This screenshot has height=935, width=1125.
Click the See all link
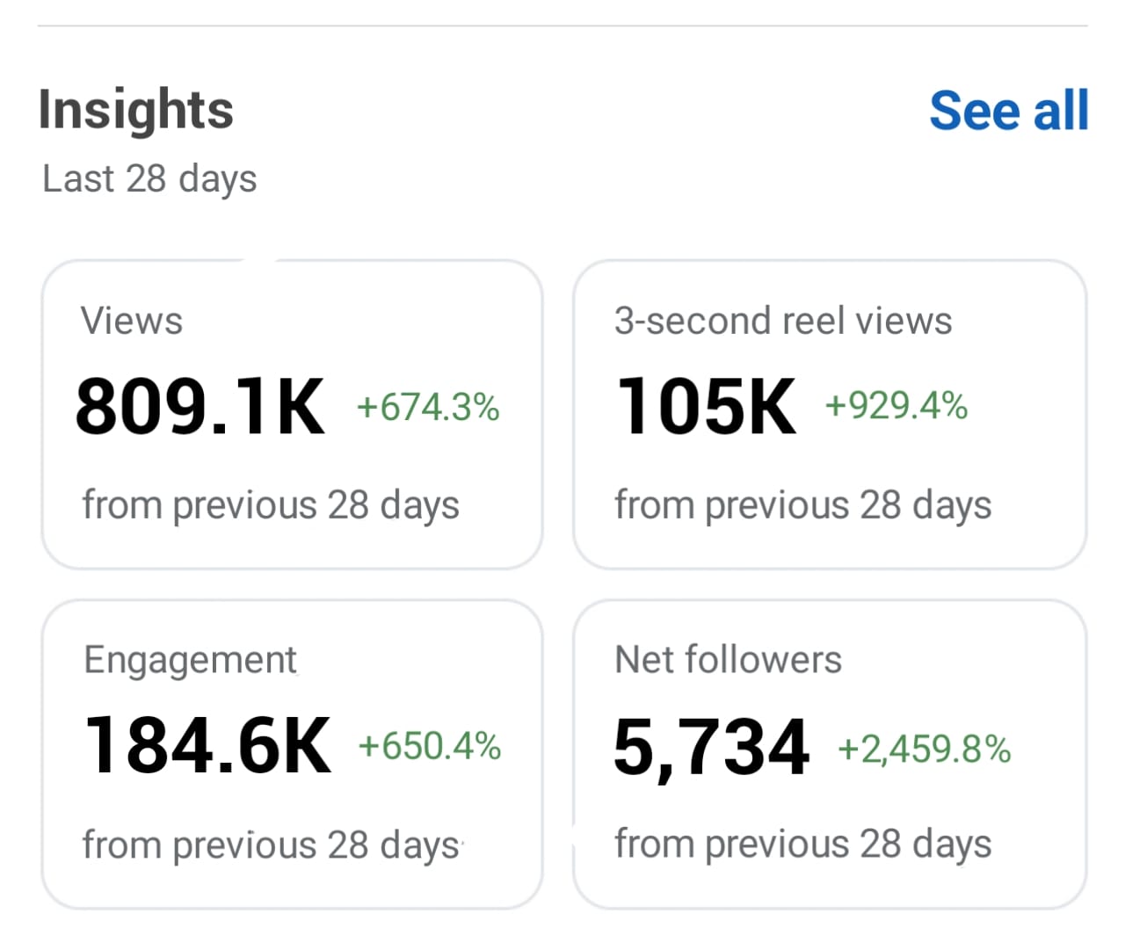[x=1008, y=111]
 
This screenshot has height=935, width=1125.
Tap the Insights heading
[x=136, y=110]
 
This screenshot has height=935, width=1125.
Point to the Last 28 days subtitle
[x=149, y=178]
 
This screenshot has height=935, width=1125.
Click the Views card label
[x=132, y=321]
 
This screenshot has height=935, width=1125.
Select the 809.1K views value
[x=200, y=406]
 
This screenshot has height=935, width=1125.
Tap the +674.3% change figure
[x=428, y=408]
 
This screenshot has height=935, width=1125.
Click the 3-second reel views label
[x=782, y=321]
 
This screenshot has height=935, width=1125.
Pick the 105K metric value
[x=707, y=406]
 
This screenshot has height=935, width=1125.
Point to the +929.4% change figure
[x=896, y=406]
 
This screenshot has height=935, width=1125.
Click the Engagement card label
[x=190, y=660]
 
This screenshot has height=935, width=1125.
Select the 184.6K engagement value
[x=208, y=745]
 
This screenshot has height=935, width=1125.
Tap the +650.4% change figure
[x=429, y=747]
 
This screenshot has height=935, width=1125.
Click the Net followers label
[x=728, y=660]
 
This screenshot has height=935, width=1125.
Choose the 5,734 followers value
[x=711, y=747]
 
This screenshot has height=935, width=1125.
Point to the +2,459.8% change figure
[x=924, y=750]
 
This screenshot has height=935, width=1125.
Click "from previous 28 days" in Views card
[x=271, y=506]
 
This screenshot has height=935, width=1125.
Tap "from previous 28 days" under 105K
[x=802, y=506]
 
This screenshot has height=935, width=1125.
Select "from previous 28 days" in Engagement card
[x=271, y=845]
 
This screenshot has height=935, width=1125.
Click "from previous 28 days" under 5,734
[x=802, y=844]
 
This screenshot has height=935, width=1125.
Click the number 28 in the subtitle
[x=146, y=178]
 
